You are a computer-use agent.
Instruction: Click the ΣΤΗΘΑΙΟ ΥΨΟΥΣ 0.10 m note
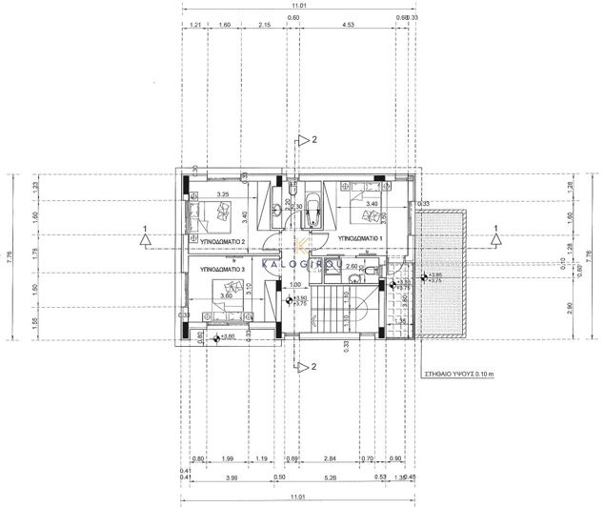pos(461,377)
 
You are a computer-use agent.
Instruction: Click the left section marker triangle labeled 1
pos(142,241)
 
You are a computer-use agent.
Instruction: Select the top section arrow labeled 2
pos(299,140)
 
